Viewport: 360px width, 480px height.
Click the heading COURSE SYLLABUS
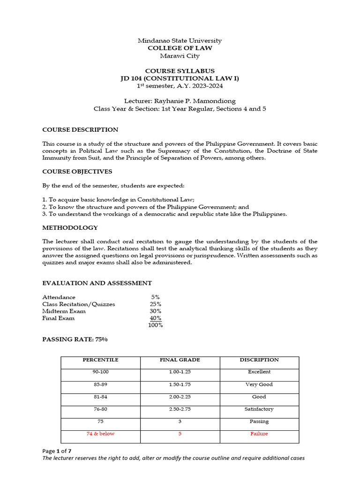(x=180, y=71)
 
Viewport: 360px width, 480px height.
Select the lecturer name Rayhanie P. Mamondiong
(x=199, y=101)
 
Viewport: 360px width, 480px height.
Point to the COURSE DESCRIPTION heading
(x=80, y=130)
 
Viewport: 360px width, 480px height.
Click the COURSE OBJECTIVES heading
(x=78, y=172)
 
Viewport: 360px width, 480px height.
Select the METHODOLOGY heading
(x=70, y=228)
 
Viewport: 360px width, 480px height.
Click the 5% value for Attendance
(x=155, y=297)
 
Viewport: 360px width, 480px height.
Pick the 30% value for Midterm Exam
(x=155, y=311)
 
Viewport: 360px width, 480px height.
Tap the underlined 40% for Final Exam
(x=155, y=318)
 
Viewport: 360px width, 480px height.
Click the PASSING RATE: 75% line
(x=75, y=339)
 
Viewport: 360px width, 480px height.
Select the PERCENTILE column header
(x=100, y=360)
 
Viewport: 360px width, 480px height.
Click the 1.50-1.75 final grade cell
(x=180, y=384)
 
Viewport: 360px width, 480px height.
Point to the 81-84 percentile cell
(x=100, y=397)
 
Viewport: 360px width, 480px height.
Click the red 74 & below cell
(x=100, y=434)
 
